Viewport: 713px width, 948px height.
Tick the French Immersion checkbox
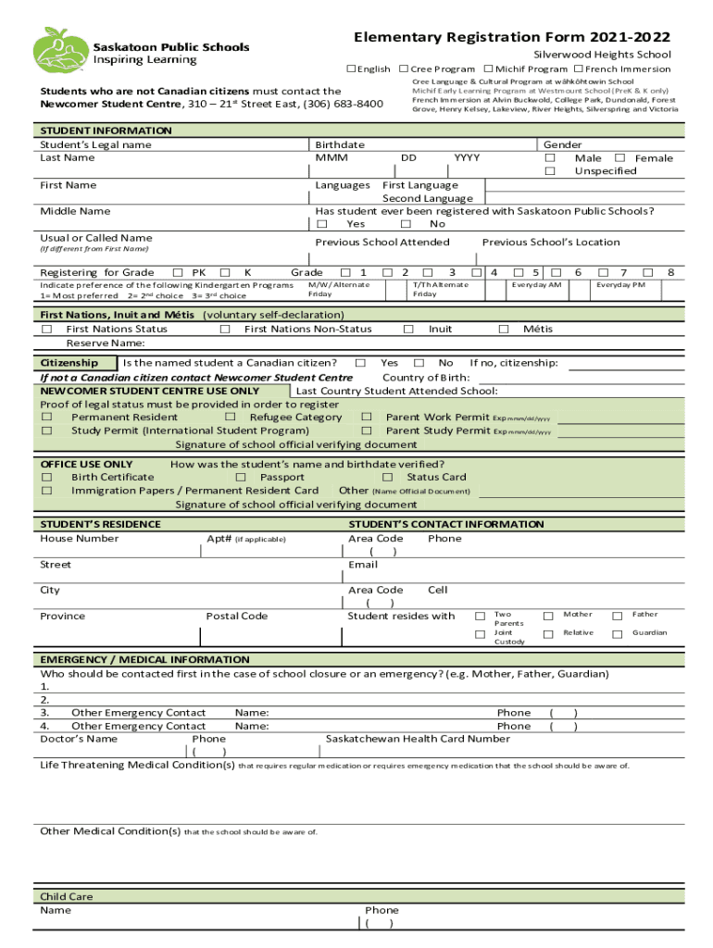tap(578, 69)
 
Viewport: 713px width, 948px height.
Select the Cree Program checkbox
tap(404, 69)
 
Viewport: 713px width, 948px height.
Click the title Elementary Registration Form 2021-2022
tap(512, 38)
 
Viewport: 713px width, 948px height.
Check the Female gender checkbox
tap(619, 158)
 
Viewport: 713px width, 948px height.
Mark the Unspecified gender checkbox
tap(550, 171)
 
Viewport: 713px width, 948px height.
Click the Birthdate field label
tap(340, 145)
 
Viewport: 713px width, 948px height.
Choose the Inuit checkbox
tap(408, 329)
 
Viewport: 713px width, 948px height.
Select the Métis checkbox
tap(504, 329)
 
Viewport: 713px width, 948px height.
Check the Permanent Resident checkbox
tap(45, 418)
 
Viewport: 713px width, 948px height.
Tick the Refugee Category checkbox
tap(231, 418)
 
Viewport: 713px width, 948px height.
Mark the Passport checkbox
tap(240, 478)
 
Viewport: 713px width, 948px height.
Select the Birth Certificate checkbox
tap(45, 478)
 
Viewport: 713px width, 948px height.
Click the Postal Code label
tap(237, 617)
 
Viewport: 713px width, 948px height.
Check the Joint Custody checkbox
tap(480, 634)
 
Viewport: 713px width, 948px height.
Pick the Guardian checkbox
tap(617, 634)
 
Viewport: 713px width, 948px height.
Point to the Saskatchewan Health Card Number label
tap(418, 740)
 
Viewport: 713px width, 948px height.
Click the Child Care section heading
tap(67, 897)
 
